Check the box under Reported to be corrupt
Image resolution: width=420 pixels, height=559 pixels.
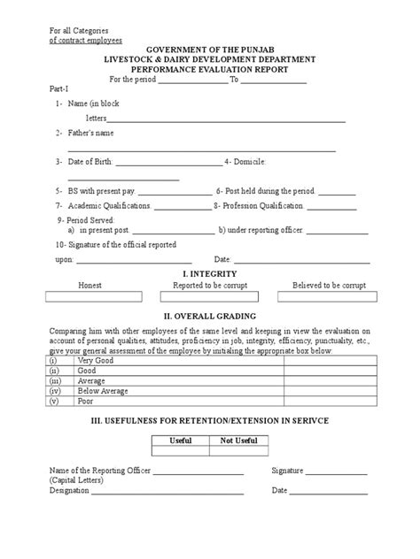[x=210, y=298]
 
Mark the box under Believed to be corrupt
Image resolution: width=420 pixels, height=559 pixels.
[x=329, y=298]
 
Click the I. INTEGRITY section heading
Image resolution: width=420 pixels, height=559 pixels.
[x=209, y=275]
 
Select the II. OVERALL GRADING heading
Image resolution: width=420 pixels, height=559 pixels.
[x=209, y=315]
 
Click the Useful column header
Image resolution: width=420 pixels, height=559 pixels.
[x=183, y=439]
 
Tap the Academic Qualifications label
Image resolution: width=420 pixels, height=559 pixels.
[x=109, y=205]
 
